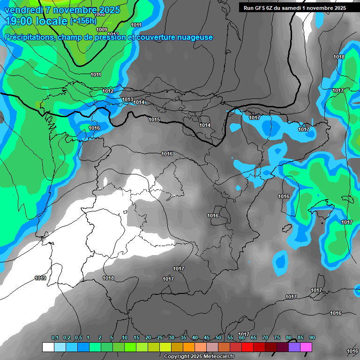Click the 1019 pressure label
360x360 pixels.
(40, 278)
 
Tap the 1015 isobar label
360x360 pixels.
(154, 120)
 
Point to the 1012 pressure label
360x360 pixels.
(108, 91)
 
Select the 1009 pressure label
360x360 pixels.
(102, 30)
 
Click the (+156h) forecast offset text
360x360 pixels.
(83, 21)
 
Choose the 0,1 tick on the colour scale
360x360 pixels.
(55, 338)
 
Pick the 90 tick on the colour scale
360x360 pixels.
(312, 338)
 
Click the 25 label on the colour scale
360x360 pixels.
(160, 338)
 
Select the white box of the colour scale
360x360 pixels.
(48, 347)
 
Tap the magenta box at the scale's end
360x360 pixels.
(306, 347)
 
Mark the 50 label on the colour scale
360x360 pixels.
(218, 338)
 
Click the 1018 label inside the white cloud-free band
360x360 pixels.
(108, 278)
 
